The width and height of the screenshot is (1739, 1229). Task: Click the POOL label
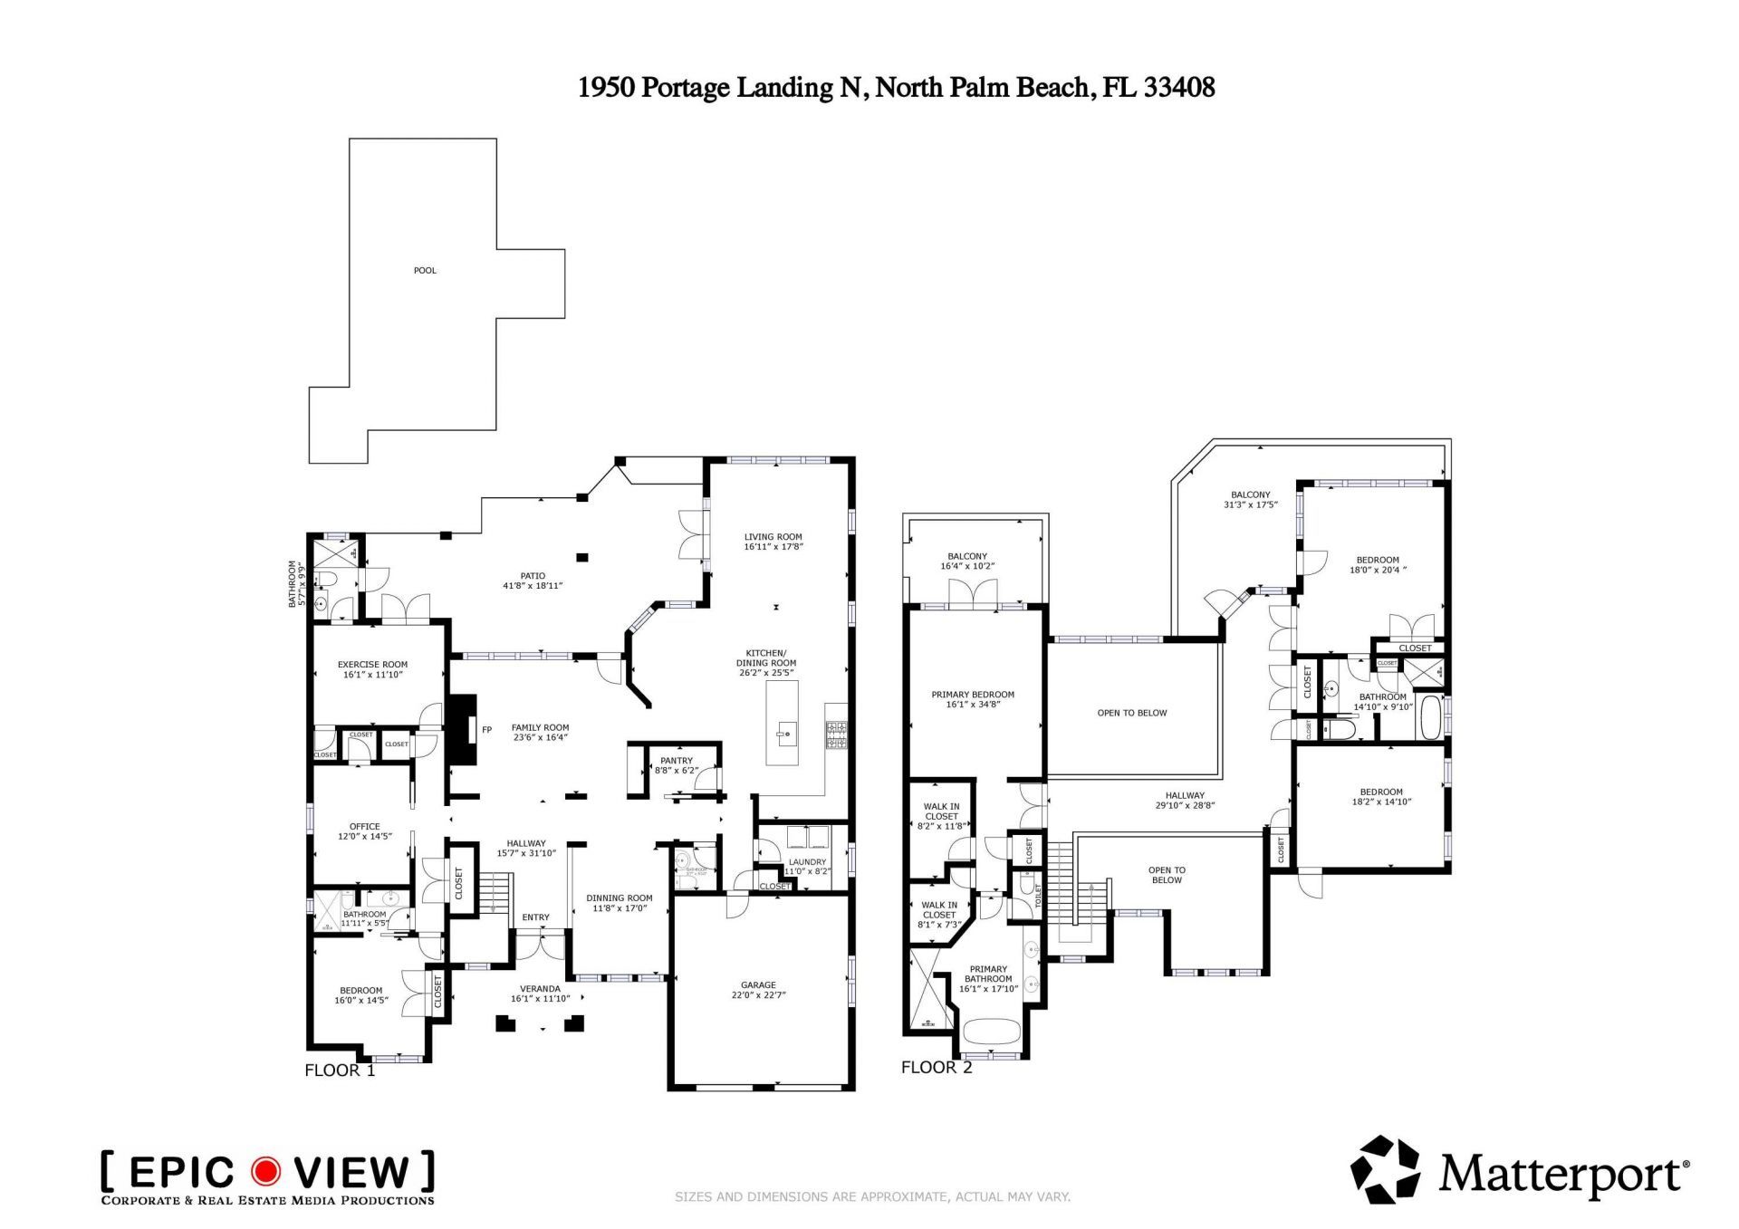[425, 271]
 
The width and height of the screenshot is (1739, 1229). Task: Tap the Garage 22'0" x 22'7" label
[758, 990]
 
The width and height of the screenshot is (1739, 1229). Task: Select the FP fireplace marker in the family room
[486, 730]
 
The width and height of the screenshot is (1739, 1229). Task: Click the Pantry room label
[676, 766]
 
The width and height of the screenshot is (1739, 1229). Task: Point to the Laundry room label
[807, 867]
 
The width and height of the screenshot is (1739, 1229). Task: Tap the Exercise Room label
[372, 669]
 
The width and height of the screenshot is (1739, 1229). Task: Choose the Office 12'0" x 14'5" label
[365, 831]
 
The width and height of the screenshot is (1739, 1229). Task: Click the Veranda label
[540, 994]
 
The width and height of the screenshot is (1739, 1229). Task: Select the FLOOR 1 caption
[340, 1071]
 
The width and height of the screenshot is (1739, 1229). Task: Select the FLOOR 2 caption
[937, 1068]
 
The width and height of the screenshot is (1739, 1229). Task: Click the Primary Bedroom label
[973, 699]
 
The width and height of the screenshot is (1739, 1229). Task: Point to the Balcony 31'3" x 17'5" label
[1250, 500]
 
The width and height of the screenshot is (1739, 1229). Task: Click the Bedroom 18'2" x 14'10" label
[1381, 797]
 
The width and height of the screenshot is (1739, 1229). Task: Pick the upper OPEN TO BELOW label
[1132, 714]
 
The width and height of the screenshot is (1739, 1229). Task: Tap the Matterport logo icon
[1385, 1170]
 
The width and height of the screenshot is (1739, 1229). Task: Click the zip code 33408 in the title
[1179, 88]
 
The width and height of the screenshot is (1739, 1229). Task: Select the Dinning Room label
[620, 903]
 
